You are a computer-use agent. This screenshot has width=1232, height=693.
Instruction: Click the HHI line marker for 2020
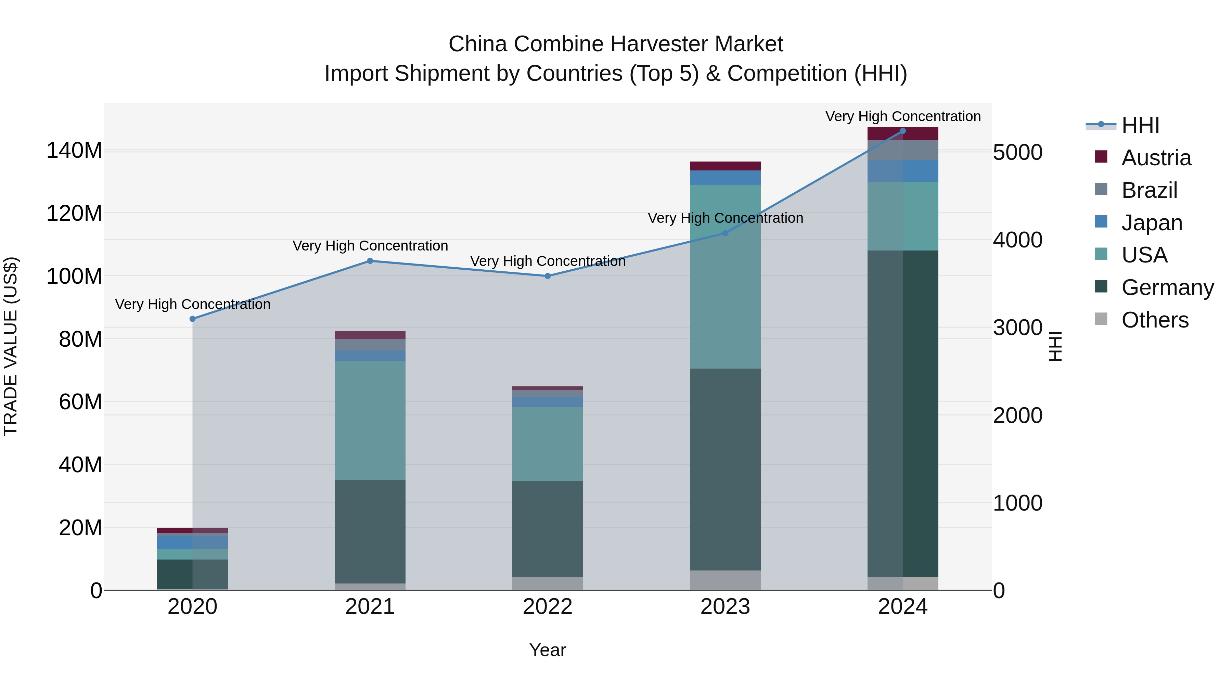tap(193, 319)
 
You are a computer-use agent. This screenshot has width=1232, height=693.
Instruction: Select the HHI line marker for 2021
tap(370, 261)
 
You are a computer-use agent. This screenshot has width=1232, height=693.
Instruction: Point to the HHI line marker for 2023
tap(725, 233)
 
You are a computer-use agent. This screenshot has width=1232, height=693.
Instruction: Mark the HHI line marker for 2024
tap(903, 131)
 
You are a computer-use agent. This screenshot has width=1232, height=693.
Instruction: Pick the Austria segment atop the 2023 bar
tap(725, 166)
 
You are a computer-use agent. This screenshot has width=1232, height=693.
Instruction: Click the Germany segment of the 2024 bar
tap(903, 414)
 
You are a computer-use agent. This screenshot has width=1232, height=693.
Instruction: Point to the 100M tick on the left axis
tap(74, 277)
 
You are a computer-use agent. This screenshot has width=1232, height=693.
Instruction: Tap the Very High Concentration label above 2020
tap(193, 304)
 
